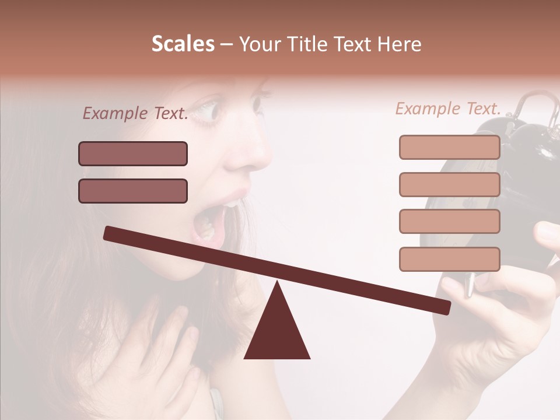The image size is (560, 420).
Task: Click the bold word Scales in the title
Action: click(x=183, y=44)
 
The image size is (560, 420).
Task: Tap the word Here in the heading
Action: click(x=400, y=44)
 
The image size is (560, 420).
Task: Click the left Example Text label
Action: click(x=135, y=114)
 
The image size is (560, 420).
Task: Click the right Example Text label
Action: click(x=448, y=108)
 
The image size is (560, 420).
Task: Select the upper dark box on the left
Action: click(x=133, y=154)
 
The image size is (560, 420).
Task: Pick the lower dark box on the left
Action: click(x=133, y=191)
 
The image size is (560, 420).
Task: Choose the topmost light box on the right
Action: click(x=450, y=148)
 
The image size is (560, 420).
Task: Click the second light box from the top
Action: click(x=450, y=185)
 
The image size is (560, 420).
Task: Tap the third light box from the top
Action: click(x=450, y=222)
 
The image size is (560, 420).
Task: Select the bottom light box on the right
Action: click(x=450, y=259)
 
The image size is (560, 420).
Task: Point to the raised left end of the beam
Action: click(x=111, y=233)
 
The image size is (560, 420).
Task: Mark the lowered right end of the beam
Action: click(x=443, y=307)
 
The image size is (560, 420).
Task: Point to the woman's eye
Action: click(x=207, y=111)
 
